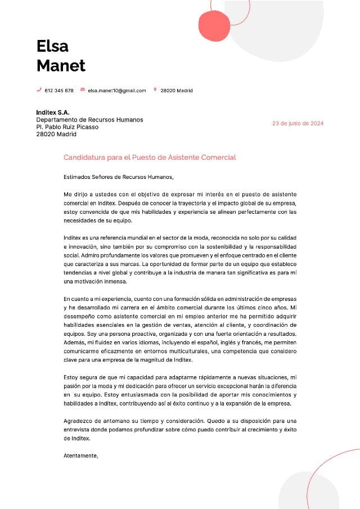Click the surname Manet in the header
[x=61, y=65]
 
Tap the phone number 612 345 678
[x=59, y=91]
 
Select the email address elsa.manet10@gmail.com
[x=117, y=91]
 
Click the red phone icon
[x=39, y=90]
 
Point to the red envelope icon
[x=83, y=89]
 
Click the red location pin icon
[x=155, y=89]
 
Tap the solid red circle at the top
[x=215, y=26]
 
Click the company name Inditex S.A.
[x=53, y=112]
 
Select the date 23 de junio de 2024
[x=298, y=123]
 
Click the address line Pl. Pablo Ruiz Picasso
[x=67, y=127]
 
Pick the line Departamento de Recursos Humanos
[x=89, y=120]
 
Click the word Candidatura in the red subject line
[x=84, y=157]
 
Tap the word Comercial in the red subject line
[x=219, y=157]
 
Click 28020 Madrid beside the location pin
[x=177, y=91]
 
